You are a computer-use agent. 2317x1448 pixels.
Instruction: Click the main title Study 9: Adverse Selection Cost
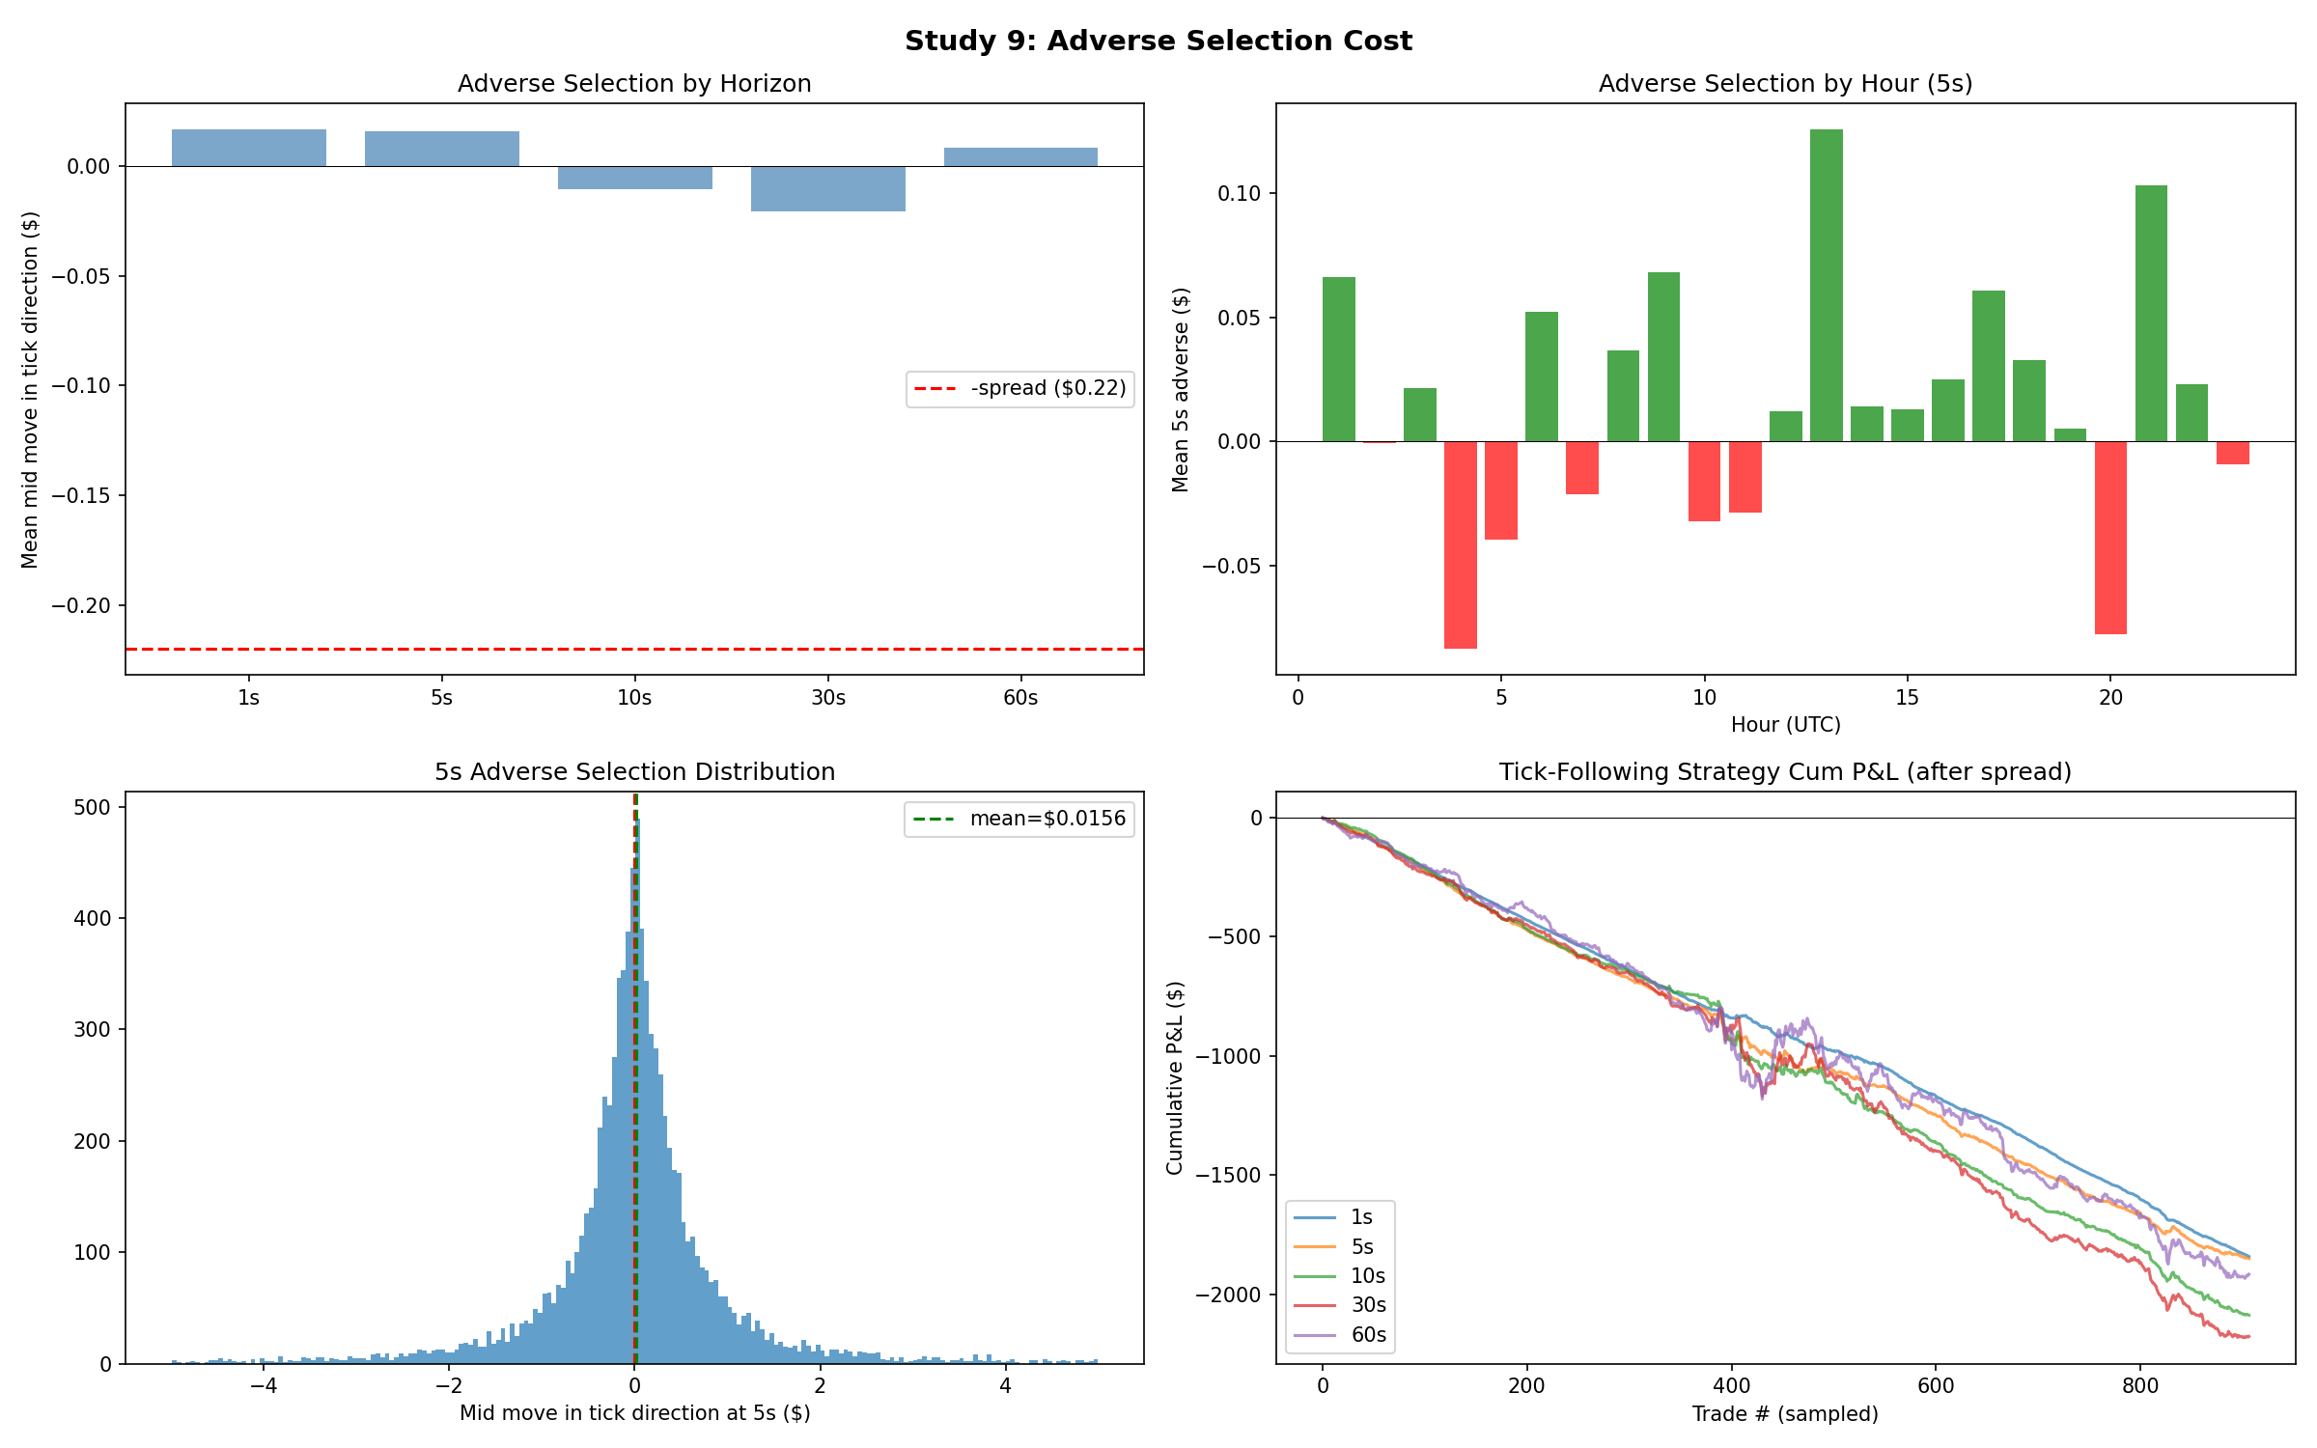[x=1158, y=41]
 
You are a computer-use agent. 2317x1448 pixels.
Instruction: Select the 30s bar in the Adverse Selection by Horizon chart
[x=827, y=188]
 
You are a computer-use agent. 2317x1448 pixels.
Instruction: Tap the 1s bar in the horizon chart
[x=248, y=148]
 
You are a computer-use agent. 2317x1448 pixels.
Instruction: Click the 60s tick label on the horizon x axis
[x=1020, y=698]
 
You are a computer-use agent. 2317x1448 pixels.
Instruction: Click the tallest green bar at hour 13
[x=1826, y=285]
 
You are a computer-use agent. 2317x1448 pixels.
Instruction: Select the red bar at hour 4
[x=1460, y=544]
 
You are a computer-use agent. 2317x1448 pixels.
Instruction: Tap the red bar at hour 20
[x=2110, y=537]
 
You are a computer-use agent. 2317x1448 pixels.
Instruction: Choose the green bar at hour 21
[x=2151, y=313]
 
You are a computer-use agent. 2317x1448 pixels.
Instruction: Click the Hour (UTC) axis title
[x=1785, y=725]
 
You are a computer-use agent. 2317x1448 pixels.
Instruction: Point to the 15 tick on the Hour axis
[x=1907, y=698]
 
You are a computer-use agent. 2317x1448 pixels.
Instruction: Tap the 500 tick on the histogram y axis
[x=93, y=807]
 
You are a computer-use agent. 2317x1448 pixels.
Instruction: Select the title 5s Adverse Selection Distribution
[x=634, y=772]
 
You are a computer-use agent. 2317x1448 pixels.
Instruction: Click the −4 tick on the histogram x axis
[x=263, y=1386]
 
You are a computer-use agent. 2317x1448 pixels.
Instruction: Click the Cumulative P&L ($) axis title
[x=1175, y=1077]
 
